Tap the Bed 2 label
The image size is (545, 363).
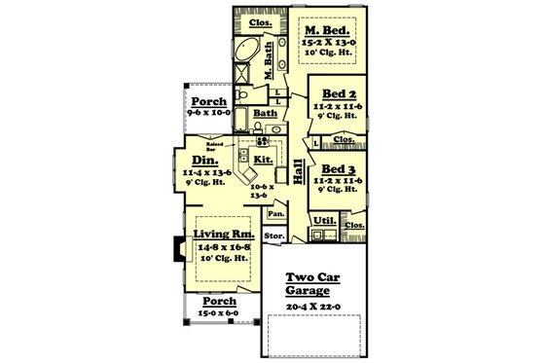pyautogui.click(x=331, y=95)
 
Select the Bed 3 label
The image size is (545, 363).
pyautogui.click(x=331, y=167)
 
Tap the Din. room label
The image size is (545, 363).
pyautogui.click(x=205, y=161)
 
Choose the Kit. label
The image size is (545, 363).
pyautogui.click(x=263, y=159)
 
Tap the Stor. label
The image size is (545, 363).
pyautogui.click(x=273, y=236)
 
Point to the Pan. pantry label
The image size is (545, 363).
pyautogui.click(x=276, y=212)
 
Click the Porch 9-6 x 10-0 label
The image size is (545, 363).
pyautogui.click(x=207, y=102)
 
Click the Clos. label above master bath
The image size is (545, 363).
pyautogui.click(x=260, y=21)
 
